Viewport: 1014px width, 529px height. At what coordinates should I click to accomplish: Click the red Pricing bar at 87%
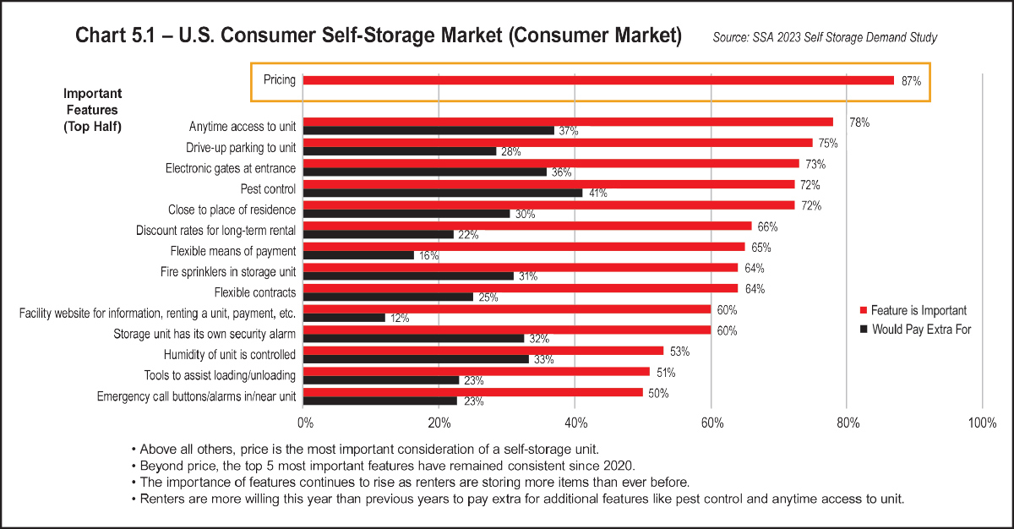pyautogui.click(x=598, y=80)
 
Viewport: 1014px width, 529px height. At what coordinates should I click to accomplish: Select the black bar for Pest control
pyautogui.click(x=443, y=193)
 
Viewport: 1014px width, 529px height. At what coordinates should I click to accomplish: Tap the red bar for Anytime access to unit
pyautogui.click(x=568, y=122)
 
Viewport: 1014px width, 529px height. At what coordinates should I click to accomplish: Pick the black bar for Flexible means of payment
pyautogui.click(x=358, y=255)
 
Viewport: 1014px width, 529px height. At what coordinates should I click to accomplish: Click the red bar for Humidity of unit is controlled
pyautogui.click(x=483, y=351)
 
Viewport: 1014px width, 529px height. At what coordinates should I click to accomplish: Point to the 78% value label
pyautogui.click(x=859, y=123)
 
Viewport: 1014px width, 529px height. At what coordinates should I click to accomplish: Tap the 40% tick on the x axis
pyautogui.click(x=575, y=423)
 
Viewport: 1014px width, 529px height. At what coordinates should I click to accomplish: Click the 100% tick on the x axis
pyautogui.click(x=982, y=423)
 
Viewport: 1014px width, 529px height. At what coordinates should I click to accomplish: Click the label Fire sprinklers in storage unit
pyautogui.click(x=228, y=271)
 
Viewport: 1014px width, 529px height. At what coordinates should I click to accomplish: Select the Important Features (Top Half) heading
pyautogui.click(x=93, y=110)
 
